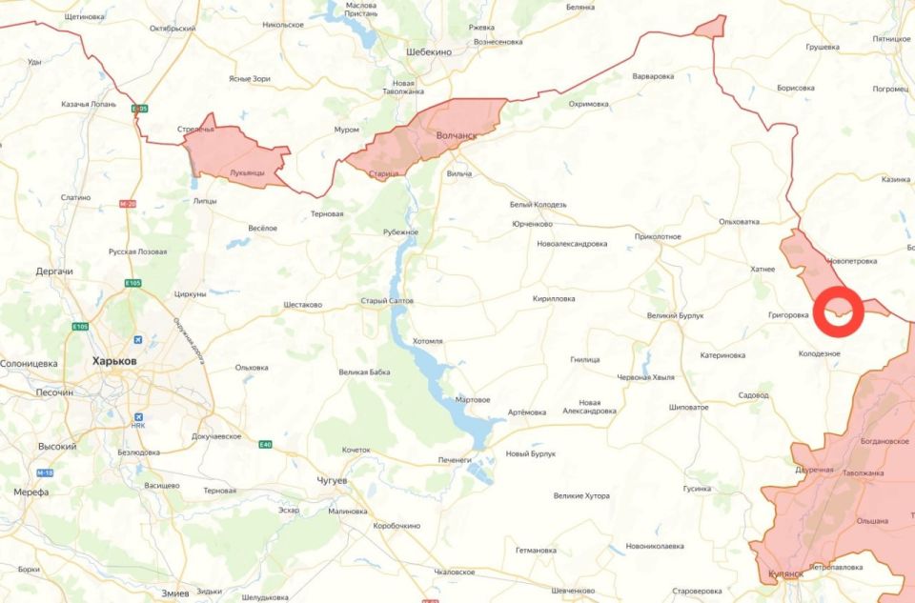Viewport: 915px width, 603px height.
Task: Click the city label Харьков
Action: pyautogui.click(x=113, y=362)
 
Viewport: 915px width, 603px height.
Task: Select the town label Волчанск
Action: pyautogui.click(x=456, y=136)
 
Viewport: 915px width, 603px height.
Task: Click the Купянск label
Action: pyautogui.click(x=785, y=574)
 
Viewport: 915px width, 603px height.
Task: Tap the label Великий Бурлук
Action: pyautogui.click(x=674, y=315)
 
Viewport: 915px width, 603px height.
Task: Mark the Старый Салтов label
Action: pyautogui.click(x=386, y=301)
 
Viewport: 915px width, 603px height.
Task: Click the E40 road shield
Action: pyautogui.click(x=263, y=446)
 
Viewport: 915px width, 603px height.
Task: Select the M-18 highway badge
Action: pyautogui.click(x=45, y=473)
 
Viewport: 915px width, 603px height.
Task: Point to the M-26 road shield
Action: pyautogui.click(x=129, y=204)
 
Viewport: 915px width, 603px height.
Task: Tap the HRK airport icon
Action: pyautogui.click(x=140, y=416)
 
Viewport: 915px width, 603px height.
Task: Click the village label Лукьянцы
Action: pyautogui.click(x=247, y=173)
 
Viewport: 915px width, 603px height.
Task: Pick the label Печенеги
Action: pyautogui.click(x=455, y=460)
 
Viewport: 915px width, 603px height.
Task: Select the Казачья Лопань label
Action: pyautogui.click(x=88, y=104)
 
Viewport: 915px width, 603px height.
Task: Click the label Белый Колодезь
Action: pyautogui.click(x=538, y=205)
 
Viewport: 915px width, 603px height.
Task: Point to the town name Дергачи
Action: pyautogui.click(x=54, y=271)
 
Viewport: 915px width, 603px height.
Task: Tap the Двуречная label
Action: pyautogui.click(x=814, y=470)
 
